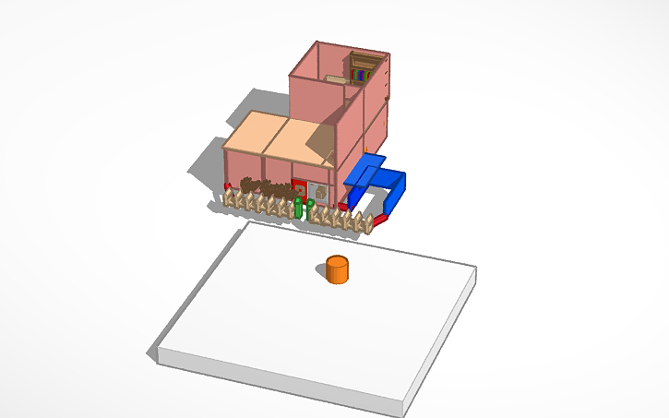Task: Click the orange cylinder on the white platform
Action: [337, 269]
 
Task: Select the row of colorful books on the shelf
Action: [360, 74]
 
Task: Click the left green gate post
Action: [298, 207]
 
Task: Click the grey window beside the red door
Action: [318, 192]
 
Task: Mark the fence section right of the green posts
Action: [346, 219]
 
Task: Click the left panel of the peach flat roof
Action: [254, 135]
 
